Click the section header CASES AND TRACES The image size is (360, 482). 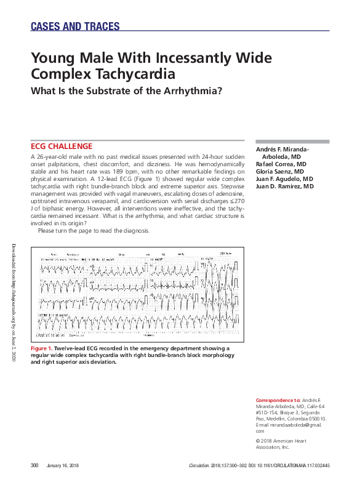(74, 26)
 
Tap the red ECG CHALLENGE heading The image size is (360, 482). (62, 147)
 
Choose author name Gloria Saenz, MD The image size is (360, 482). (280, 172)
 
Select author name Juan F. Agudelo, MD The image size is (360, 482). (284, 179)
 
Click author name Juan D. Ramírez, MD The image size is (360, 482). (284, 186)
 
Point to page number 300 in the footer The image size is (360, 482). (35, 465)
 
